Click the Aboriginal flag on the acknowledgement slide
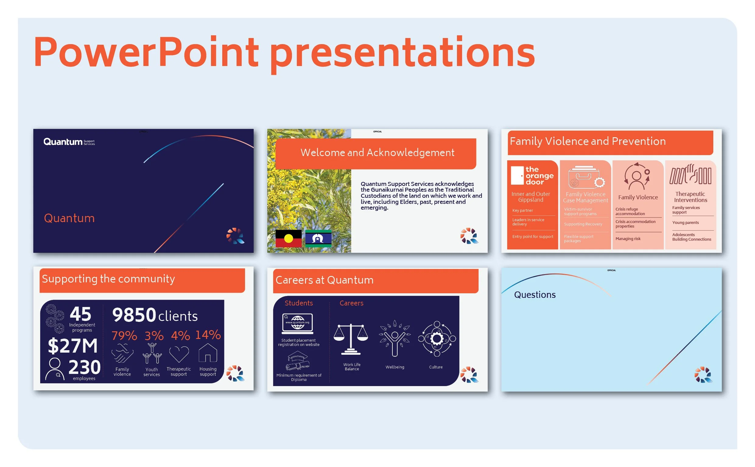click(288, 238)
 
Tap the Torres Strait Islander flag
click(318, 238)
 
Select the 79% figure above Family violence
click(124, 336)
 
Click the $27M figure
click(73, 346)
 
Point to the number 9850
click(134, 315)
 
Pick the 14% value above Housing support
click(208, 335)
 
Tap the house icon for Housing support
click(208, 353)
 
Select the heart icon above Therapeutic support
click(179, 354)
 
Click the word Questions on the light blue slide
click(534, 295)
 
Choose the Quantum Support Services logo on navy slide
click(69, 142)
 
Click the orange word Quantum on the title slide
click(69, 218)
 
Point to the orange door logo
click(532, 176)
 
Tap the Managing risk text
click(627, 239)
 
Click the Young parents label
click(685, 223)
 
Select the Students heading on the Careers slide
click(299, 303)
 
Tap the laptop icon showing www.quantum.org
click(297, 324)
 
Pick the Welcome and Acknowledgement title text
click(377, 153)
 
